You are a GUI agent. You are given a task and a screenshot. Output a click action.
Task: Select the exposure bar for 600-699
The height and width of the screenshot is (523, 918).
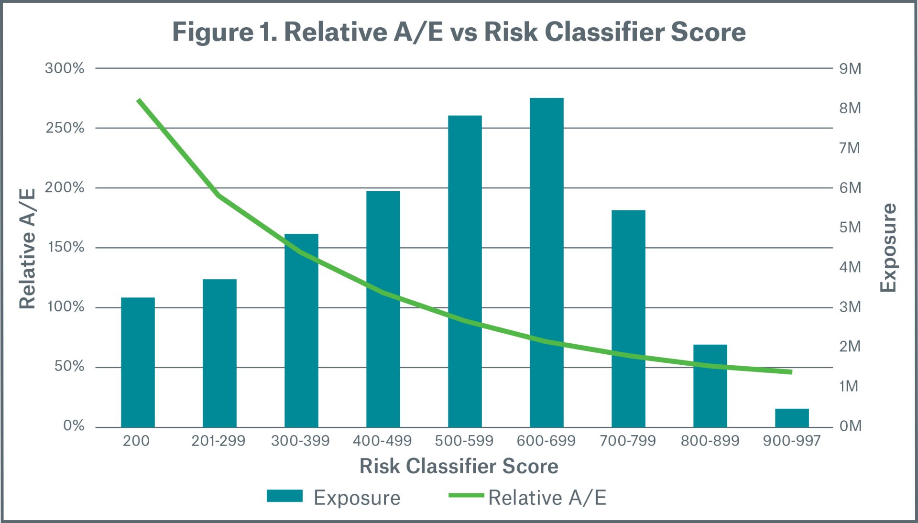546,262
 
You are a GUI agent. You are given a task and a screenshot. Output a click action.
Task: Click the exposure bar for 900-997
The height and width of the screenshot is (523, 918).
792,418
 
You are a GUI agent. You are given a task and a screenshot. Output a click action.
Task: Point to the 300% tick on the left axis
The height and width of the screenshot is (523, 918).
65,68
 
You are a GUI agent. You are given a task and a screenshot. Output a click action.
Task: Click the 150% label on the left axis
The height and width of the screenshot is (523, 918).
66,247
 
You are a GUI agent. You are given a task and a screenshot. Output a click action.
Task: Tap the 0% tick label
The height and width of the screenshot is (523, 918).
73,425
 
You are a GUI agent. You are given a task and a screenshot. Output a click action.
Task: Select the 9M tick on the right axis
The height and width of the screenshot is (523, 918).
850,69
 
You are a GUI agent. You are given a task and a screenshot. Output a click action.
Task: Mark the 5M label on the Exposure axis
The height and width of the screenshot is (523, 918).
850,227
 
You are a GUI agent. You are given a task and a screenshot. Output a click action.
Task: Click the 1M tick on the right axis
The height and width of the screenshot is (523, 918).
849,386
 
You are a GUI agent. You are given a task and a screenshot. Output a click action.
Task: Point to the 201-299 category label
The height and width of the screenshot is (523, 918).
218,440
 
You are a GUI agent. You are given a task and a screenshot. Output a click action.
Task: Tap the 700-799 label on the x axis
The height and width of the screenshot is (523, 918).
628,440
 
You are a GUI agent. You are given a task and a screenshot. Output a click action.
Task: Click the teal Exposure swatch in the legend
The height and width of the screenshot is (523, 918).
284,496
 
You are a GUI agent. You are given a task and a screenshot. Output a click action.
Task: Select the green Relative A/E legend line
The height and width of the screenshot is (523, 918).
466,495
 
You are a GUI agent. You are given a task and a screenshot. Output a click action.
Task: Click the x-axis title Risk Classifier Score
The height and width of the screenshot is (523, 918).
459,466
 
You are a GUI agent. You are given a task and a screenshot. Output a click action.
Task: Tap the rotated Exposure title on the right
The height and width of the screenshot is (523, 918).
888,248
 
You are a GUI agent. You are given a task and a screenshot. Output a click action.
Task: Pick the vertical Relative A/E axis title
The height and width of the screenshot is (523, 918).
27,249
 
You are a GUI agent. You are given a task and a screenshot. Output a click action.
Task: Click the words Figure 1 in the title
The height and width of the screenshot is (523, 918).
225,32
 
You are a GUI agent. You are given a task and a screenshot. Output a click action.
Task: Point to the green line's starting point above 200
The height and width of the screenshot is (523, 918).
139,100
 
